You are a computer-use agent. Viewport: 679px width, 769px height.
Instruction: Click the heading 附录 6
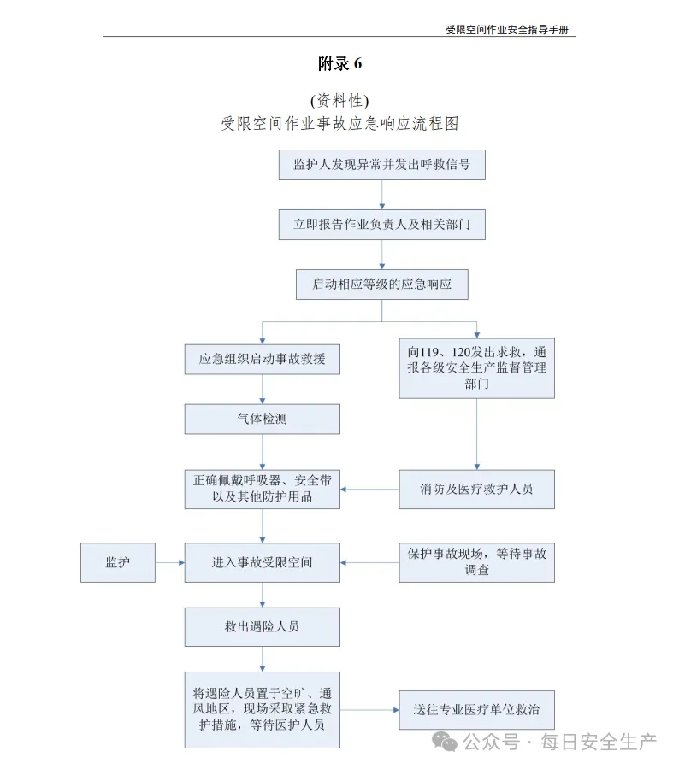tap(339, 64)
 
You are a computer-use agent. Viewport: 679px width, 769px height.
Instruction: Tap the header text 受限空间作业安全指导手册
tap(506, 29)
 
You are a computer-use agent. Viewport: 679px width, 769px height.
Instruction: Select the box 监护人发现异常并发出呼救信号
tap(382, 165)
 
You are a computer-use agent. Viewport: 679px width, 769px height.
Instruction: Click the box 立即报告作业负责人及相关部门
tap(382, 225)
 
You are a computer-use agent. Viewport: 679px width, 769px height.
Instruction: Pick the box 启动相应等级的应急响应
tap(382, 285)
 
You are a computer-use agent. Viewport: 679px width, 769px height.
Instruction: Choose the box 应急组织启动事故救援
tap(263, 360)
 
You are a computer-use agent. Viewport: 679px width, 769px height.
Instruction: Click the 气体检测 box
tap(263, 420)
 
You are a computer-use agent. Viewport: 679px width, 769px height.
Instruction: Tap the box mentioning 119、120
tap(476, 368)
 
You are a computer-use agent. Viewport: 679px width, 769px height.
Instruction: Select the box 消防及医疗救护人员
tap(476, 490)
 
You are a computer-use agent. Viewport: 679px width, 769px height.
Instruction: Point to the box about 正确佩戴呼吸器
tap(263, 490)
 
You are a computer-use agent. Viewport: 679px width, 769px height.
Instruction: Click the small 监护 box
tap(118, 562)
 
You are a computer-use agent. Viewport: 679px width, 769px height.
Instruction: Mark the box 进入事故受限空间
tap(263, 562)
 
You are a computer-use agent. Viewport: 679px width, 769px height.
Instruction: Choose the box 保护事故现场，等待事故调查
tap(476, 562)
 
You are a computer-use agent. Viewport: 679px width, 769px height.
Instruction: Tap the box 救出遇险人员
tap(263, 627)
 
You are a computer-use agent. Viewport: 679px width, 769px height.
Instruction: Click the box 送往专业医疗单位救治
tap(476, 710)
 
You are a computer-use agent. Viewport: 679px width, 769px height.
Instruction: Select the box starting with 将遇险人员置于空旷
tap(263, 710)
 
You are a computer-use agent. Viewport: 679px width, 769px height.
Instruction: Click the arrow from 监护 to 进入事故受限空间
tap(170, 562)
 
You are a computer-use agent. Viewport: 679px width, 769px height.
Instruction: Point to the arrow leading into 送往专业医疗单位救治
tap(369, 710)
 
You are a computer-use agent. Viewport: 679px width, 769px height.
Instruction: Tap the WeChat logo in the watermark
tap(445, 742)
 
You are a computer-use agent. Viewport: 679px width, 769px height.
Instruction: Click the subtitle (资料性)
tap(339, 101)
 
